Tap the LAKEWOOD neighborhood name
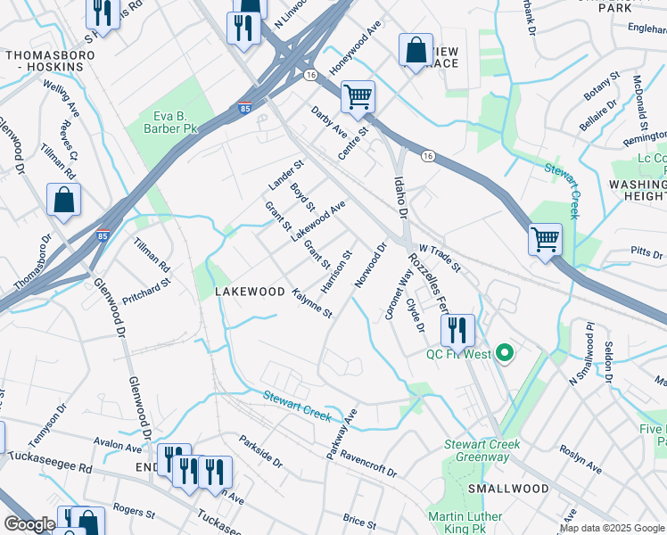click(249, 292)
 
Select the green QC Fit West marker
click(505, 354)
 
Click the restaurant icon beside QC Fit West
click(457, 330)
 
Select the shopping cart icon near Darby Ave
click(358, 95)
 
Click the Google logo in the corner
click(29, 524)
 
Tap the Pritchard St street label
click(146, 291)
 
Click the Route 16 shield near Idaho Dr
click(429, 156)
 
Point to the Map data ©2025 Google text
click(613, 528)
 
